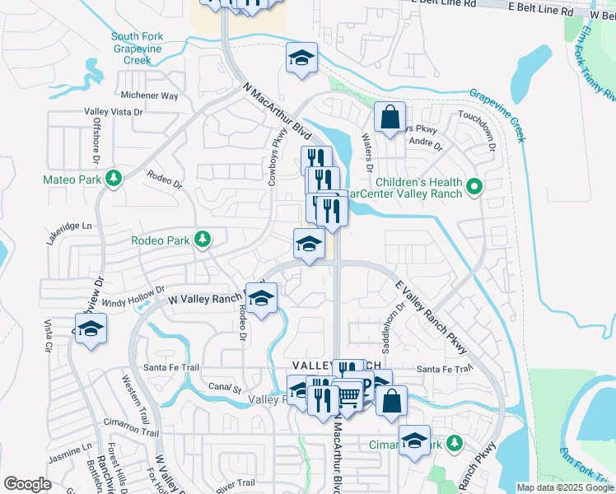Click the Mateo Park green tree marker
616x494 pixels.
click(114, 179)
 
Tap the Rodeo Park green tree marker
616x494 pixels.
click(200, 240)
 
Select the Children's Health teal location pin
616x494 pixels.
click(474, 189)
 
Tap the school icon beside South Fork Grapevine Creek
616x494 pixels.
click(302, 58)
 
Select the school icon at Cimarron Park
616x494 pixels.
click(414, 440)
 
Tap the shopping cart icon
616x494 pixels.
click(348, 398)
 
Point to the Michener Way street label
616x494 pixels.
click(149, 96)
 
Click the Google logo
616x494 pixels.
click(28, 484)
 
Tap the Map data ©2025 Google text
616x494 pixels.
click(564, 487)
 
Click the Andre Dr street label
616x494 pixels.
click(427, 143)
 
